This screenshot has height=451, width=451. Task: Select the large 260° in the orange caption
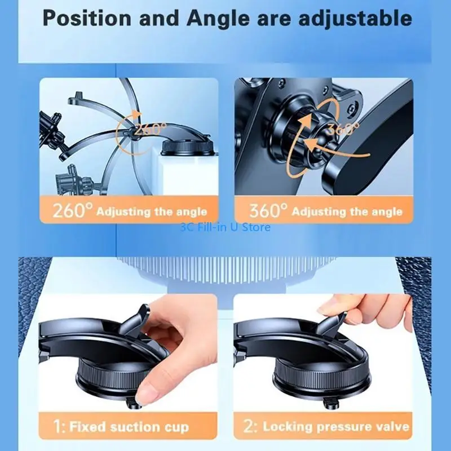[73, 211]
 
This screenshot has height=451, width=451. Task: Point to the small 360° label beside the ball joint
[344, 129]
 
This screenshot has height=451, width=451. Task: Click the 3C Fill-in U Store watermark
[225, 227]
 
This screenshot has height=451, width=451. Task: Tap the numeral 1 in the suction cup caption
[58, 426]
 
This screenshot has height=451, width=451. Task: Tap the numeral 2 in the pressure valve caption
[249, 426]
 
